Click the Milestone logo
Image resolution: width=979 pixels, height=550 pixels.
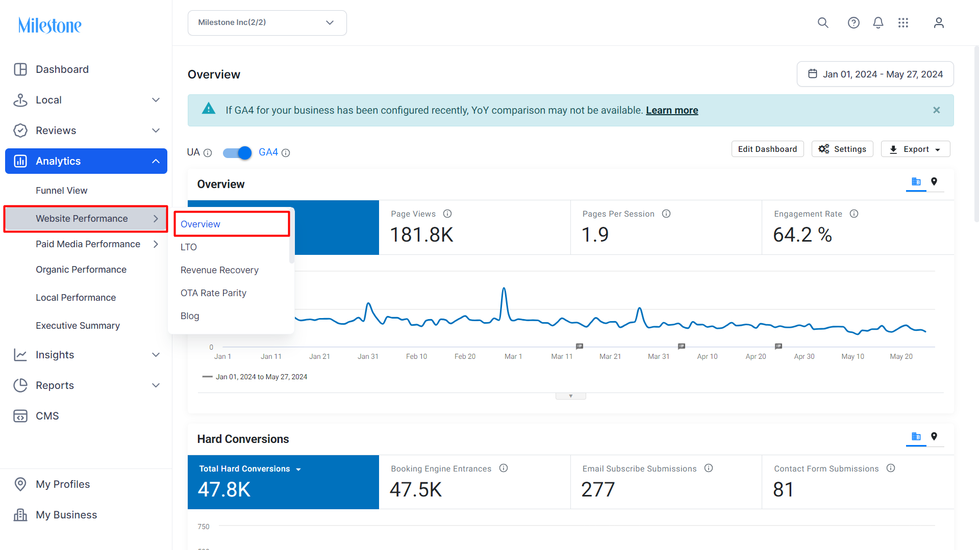click(49, 25)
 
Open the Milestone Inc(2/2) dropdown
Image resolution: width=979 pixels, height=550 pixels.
click(267, 23)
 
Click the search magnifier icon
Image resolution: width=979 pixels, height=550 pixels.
click(823, 23)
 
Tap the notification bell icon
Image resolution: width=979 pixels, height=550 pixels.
click(878, 23)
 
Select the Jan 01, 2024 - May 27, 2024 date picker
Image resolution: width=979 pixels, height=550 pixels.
click(875, 74)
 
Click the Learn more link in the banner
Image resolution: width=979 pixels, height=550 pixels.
click(672, 110)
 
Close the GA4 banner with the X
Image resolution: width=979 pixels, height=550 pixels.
click(937, 110)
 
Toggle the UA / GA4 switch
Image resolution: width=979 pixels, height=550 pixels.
click(237, 152)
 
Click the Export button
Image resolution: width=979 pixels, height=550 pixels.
click(915, 149)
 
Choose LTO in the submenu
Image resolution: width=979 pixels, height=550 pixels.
click(189, 247)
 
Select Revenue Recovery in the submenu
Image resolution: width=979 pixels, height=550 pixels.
click(219, 270)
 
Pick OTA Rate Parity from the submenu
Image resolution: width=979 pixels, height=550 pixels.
click(213, 293)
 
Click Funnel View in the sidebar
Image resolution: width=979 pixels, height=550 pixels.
click(61, 191)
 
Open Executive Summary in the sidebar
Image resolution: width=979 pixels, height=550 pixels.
click(78, 326)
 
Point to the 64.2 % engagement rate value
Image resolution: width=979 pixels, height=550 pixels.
click(802, 235)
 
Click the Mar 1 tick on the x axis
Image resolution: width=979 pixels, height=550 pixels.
click(513, 356)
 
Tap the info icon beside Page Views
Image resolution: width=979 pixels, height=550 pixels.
click(447, 214)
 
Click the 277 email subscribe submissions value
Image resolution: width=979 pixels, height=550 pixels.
click(598, 490)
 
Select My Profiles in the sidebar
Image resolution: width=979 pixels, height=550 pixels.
click(63, 484)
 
